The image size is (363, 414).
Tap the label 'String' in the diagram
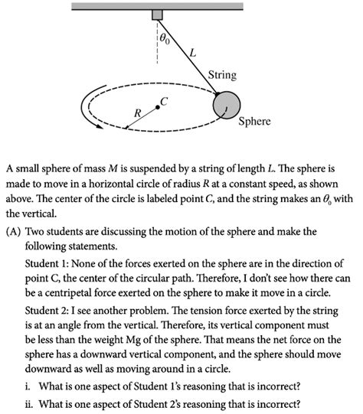(222, 75)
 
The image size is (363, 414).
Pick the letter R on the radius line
(138, 112)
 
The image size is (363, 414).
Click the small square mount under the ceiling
(157, 15)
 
